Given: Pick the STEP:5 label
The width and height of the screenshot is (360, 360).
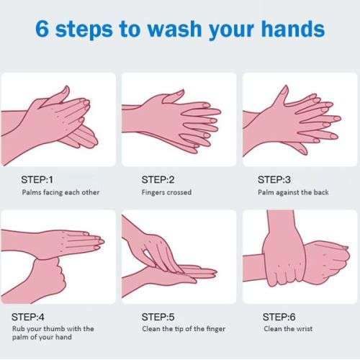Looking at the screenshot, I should [158, 316].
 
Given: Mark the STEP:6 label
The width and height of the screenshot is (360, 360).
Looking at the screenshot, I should [279, 316].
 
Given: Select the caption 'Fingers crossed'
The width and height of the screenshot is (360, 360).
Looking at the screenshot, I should [166, 192].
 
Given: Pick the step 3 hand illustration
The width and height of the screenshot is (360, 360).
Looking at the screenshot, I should [292, 119].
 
